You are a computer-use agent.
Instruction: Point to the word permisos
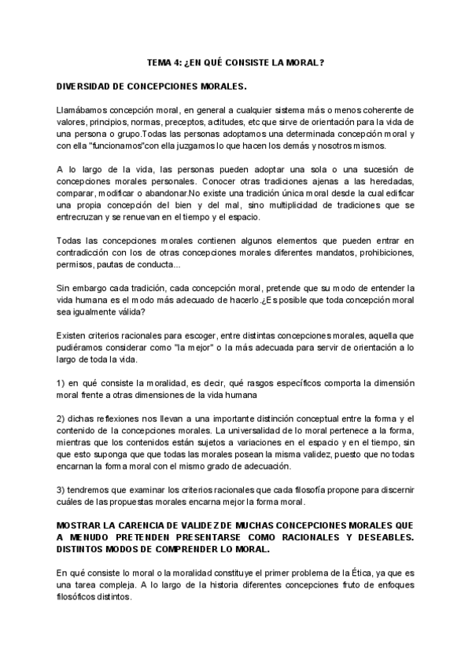click(x=76, y=267)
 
